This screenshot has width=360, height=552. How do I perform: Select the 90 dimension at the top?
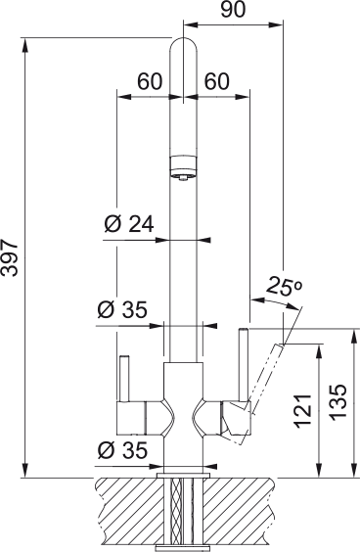click(233, 10)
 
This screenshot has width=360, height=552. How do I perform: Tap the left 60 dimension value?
click(150, 81)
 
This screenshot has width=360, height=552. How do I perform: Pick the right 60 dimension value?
click(217, 81)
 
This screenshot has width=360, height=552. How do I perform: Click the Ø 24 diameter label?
click(129, 224)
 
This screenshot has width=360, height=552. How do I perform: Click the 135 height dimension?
click(338, 402)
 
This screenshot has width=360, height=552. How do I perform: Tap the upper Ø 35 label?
click(122, 310)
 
